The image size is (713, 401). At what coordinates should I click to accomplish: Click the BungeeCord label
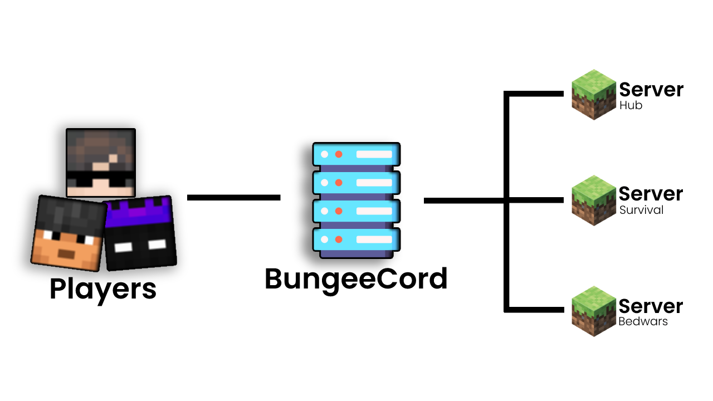(356, 279)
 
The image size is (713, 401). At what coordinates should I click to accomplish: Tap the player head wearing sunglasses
(101, 162)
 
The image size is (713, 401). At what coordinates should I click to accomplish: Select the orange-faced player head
(69, 233)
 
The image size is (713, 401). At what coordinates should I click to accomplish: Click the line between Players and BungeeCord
(233, 198)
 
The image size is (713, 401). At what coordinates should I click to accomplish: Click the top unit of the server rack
(356, 154)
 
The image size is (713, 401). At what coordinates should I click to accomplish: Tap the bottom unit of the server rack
(356, 239)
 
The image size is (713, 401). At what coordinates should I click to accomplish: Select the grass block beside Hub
(594, 94)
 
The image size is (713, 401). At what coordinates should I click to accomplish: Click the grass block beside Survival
(594, 200)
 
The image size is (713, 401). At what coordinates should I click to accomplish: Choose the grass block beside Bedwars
(594, 311)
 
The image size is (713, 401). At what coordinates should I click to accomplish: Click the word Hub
(631, 106)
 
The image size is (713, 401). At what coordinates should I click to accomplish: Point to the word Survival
(641, 211)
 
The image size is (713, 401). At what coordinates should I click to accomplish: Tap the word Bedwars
(643, 322)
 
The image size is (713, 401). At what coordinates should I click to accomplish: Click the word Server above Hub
(651, 90)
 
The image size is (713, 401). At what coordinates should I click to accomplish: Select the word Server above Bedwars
(651, 306)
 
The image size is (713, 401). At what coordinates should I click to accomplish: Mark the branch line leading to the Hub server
(535, 94)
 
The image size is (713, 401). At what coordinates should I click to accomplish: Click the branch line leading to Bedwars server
(535, 309)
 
